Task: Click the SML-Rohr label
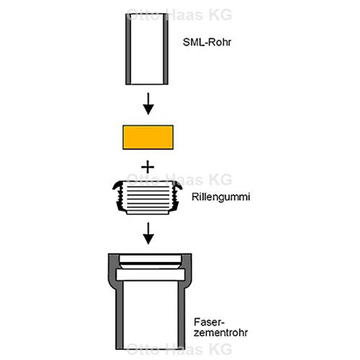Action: pos(207,42)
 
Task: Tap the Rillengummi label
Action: pos(221,197)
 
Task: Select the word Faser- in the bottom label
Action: pos(209,322)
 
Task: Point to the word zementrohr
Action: pos(220,333)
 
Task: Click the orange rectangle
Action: pos(148,138)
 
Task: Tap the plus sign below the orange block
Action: pos(148,167)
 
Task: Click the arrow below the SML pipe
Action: pos(148,104)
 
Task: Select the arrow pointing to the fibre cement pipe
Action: pos(148,233)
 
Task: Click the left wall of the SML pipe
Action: pos(128,49)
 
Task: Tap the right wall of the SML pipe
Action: pos(166,49)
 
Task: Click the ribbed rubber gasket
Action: pos(148,197)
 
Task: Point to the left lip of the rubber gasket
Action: pos(117,186)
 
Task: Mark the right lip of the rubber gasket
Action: pos(177,186)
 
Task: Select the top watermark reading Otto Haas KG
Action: pos(179,14)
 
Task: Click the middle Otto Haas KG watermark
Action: pos(179,179)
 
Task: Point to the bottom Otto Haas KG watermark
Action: pos(179,349)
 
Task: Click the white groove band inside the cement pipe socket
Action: pos(150,274)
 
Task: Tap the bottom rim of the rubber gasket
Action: pos(148,212)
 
